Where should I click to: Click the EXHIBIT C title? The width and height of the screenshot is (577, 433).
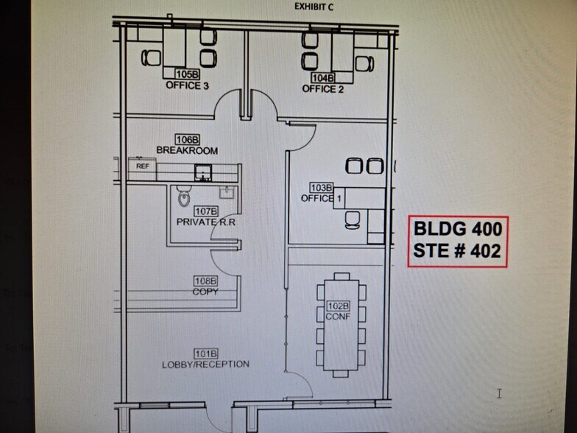316,7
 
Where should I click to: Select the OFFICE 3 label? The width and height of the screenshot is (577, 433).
187,85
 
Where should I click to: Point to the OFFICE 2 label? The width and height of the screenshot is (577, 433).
323,89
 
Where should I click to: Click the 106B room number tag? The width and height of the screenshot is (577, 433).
187,139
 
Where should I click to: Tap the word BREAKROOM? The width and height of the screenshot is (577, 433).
187,150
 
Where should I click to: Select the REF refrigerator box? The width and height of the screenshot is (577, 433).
142,166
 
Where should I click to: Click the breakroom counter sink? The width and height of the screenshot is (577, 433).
202,174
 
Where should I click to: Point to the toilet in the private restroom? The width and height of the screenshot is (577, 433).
183,196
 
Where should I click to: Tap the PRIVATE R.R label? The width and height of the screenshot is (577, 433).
206,222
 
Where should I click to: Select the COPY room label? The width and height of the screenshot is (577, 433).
205,292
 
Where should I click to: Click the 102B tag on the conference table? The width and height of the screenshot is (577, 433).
337,306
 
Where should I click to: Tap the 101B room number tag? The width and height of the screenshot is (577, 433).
205,353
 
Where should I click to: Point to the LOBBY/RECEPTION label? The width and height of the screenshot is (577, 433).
205,365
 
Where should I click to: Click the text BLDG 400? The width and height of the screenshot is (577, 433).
458,229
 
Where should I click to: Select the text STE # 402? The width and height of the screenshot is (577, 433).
458,251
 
